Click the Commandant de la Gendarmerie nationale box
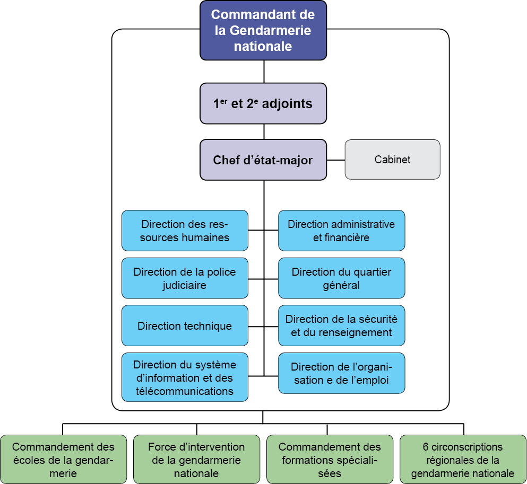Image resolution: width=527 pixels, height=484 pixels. (263, 30)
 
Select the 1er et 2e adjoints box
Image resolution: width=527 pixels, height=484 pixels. (263, 103)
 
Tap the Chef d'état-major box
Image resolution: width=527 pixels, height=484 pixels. (263, 160)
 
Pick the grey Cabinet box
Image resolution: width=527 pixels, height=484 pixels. (392, 160)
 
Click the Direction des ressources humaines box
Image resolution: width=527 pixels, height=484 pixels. (185, 231)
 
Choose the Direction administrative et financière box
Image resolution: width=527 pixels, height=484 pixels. (341, 231)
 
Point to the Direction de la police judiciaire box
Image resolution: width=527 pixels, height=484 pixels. (185, 278)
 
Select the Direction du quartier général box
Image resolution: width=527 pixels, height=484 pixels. (341, 278)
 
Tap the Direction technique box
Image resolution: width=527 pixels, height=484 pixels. (185, 325)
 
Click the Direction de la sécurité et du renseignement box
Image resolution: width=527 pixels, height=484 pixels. (341, 325)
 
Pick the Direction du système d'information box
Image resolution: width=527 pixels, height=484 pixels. (185, 377)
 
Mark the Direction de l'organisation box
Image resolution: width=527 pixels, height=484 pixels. (341, 373)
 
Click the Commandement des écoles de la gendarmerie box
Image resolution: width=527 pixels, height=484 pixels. (63, 460)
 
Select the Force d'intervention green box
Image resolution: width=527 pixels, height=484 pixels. (196, 460)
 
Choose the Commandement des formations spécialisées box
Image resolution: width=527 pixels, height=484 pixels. (330, 460)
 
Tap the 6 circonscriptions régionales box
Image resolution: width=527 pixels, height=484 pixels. (463, 460)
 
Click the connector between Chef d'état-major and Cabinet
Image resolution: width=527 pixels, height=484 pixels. (335, 160)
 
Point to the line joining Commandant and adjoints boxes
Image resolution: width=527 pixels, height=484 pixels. (263, 72)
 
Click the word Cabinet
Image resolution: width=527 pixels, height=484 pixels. (392, 160)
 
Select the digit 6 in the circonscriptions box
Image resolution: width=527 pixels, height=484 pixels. (426, 447)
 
